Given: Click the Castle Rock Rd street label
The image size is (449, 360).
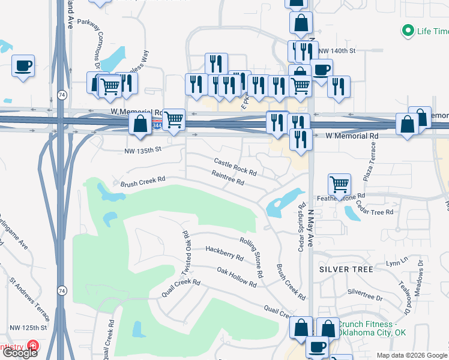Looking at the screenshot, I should [235, 167].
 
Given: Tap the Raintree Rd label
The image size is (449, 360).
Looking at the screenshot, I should [228, 178].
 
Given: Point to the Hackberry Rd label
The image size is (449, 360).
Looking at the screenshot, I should [224, 253].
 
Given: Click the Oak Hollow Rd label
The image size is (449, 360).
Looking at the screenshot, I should [237, 278].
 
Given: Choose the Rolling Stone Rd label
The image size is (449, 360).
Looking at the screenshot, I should [252, 257].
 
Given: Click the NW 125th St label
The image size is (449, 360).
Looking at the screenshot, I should [28, 328].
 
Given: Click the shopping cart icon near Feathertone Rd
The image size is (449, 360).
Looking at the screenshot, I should [339, 184].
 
